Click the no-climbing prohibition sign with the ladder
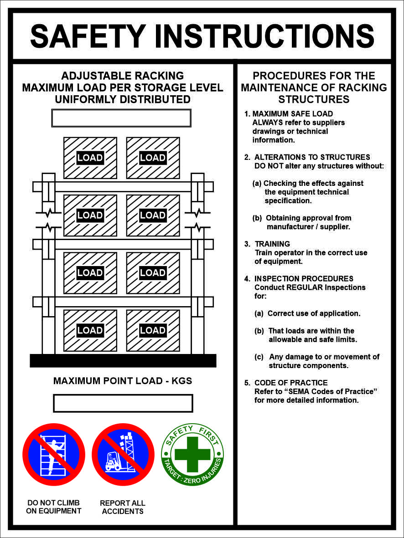(54, 455)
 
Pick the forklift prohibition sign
(123, 455)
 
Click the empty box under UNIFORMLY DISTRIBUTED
(121, 118)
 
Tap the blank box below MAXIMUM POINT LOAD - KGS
(123, 403)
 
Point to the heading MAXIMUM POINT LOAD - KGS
(123, 381)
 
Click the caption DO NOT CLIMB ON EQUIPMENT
(54, 507)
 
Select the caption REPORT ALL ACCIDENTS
(123, 507)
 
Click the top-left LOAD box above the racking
(90, 158)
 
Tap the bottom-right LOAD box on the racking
(153, 330)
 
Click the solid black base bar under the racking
(123, 360)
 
